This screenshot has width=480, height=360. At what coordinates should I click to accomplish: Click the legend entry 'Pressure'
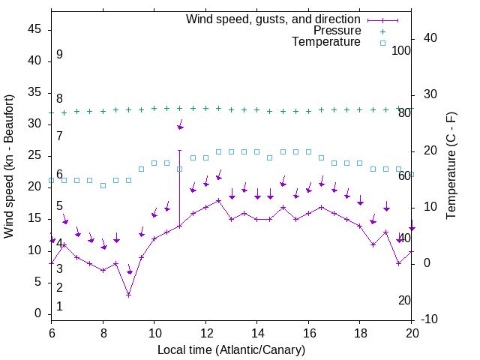point(337,31)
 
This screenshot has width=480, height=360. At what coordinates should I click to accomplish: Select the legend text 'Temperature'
point(326,42)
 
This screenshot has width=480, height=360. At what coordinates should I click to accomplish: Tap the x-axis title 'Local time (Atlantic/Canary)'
point(231,350)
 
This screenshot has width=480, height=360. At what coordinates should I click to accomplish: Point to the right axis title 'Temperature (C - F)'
point(451,166)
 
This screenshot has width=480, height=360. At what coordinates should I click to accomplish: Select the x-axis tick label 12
point(205,332)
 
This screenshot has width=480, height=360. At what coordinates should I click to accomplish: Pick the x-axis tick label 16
point(308,332)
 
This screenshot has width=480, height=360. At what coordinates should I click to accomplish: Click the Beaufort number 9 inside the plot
point(59,55)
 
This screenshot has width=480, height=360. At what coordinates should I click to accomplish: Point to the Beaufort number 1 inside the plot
point(59,307)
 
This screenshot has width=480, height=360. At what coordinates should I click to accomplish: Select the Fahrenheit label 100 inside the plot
point(401,51)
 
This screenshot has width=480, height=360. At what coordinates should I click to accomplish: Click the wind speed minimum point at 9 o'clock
point(128,295)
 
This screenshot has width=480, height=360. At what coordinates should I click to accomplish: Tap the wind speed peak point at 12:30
point(218,200)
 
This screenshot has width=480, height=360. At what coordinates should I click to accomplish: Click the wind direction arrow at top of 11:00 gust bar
point(180,127)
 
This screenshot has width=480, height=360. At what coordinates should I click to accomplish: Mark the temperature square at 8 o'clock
point(103,185)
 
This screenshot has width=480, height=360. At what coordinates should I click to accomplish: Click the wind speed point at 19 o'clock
point(385,232)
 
